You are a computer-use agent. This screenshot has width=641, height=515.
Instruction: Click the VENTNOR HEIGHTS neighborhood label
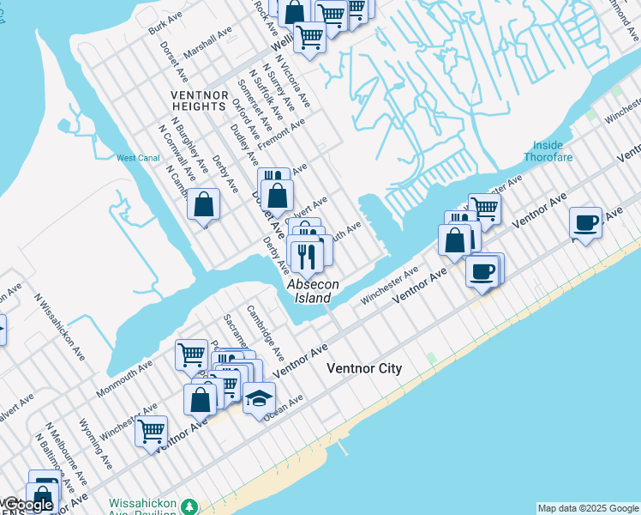pos(198,100)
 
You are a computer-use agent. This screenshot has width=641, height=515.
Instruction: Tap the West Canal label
pos(138,158)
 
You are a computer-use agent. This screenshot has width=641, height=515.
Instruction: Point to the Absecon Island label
pos(313,291)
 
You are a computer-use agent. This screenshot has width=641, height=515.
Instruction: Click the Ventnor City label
pos(364,368)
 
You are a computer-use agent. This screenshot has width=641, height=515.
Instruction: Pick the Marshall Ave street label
pos(208,42)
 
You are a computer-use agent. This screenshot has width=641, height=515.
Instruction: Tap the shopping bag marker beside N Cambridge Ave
pos(204,204)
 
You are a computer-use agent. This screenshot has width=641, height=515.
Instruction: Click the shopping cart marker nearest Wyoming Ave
pos(151,429)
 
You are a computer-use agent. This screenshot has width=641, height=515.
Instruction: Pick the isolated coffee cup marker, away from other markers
pos(586,223)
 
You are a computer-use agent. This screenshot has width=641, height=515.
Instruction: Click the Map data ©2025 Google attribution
pos(588,508)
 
